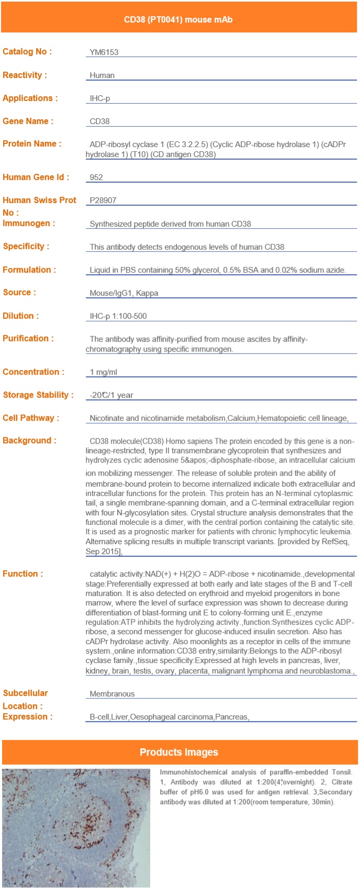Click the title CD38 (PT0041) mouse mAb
coord(178,20)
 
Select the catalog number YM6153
coord(104,52)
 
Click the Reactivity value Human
coord(102,75)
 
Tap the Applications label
coord(30,98)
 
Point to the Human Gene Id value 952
coord(96,177)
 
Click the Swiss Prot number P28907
coord(103,200)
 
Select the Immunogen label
coord(29,223)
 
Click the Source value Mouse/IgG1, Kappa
coord(124,293)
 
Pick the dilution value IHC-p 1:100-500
coord(118,316)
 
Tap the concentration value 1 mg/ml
coord(104,372)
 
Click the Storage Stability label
coord(38,395)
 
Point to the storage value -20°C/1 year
coord(111,395)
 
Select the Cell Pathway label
coord(31,418)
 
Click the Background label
coord(29,441)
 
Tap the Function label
coord(23,574)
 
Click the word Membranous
coord(112,694)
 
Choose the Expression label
coord(28,717)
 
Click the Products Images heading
coord(179,752)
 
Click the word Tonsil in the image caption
coord(342,772)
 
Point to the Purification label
coord(28,339)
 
